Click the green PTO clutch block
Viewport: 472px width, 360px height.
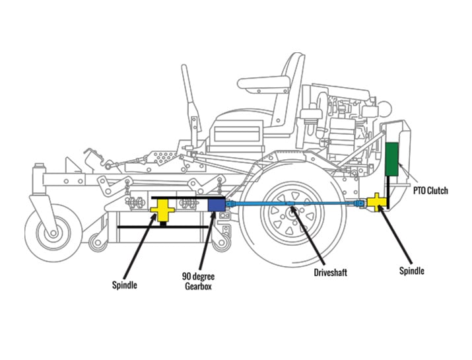click(393, 159)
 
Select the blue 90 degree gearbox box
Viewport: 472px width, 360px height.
click(217, 204)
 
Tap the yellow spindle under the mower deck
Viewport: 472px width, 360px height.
click(162, 209)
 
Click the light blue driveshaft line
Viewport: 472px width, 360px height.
click(290, 205)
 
